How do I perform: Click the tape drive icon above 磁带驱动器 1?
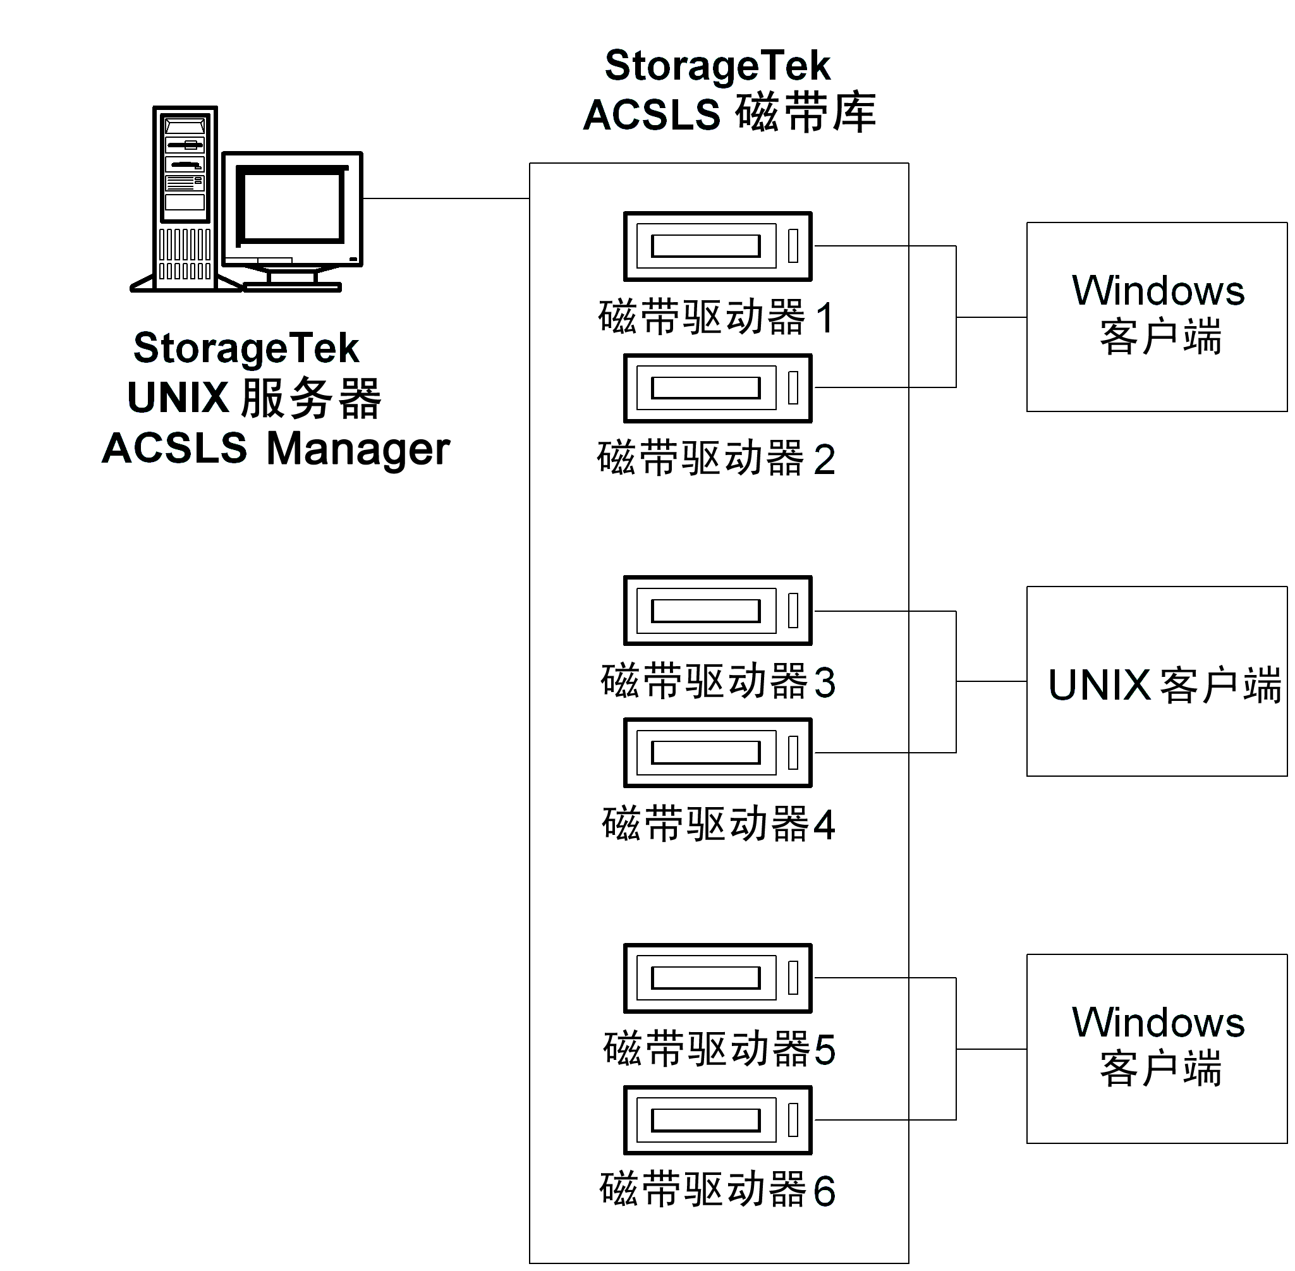pos(717,246)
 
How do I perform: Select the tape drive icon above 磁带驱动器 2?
pos(717,388)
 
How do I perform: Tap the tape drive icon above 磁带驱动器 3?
pos(717,611)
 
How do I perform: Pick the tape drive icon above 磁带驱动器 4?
pos(717,753)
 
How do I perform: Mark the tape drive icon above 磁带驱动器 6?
pos(717,1120)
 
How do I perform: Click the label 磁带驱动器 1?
pos(715,318)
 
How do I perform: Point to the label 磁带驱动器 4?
pos(717,824)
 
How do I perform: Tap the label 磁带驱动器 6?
pos(717,1189)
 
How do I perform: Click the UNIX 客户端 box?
pos(1156,681)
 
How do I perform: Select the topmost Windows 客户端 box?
pos(1156,317)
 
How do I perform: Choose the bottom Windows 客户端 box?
pos(1156,1049)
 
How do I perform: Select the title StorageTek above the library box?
pos(717,66)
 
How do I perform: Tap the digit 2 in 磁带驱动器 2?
pos(824,460)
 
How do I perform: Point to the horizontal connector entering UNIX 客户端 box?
pos(991,681)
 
